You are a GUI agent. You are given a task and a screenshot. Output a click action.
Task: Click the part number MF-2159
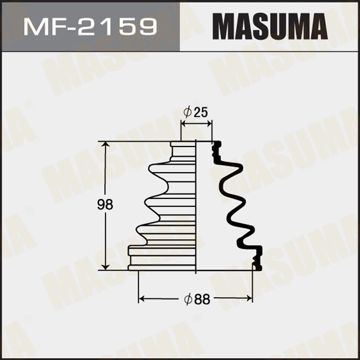[x=90, y=27]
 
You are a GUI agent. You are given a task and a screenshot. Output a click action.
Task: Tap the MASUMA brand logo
[x=270, y=27]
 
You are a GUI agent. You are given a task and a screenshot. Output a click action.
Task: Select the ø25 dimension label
[x=196, y=113]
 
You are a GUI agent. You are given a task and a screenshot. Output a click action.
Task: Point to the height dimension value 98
[x=105, y=205]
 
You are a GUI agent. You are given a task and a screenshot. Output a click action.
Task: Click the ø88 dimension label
[x=197, y=299]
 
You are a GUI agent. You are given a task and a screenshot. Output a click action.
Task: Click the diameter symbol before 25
[x=187, y=113]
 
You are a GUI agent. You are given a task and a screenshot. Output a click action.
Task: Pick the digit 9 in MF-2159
[x=149, y=27]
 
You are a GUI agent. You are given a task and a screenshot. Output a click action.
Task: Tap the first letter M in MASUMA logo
[x=222, y=27]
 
